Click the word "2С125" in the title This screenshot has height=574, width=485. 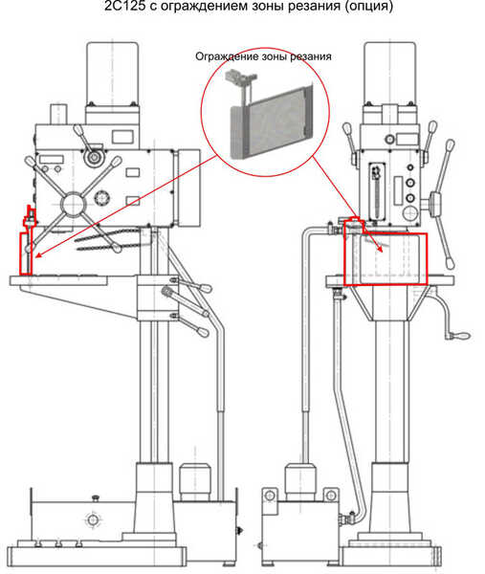[124, 7]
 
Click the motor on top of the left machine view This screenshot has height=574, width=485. [112, 74]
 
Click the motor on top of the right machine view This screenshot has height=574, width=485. [390, 74]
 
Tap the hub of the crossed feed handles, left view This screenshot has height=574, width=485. [74, 204]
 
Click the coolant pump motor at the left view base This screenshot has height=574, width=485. [194, 481]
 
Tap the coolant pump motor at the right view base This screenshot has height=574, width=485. [300, 481]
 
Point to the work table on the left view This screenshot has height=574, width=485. [58, 280]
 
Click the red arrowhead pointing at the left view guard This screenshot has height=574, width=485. [35, 255]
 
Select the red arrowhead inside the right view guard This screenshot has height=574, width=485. [380, 248]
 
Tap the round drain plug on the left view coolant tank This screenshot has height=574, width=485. [92, 519]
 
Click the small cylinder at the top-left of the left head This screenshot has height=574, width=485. [59, 114]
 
